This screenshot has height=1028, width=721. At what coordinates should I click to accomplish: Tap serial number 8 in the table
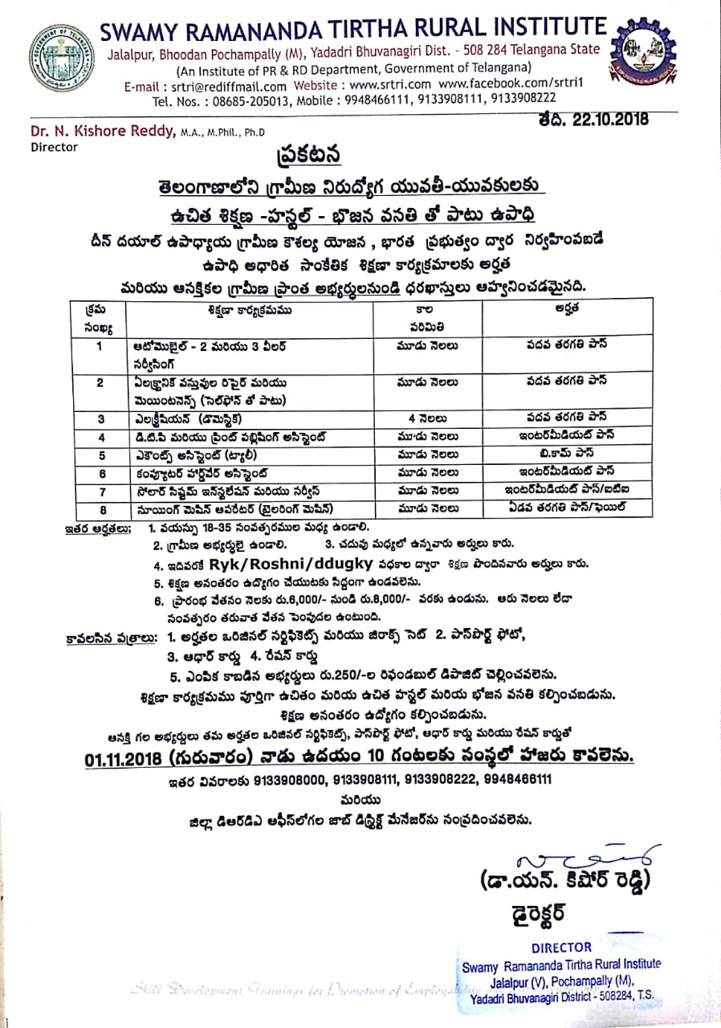[100, 507]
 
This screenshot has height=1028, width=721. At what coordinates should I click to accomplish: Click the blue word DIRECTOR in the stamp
[561, 947]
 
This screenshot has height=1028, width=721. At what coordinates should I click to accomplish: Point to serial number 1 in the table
[100, 345]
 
